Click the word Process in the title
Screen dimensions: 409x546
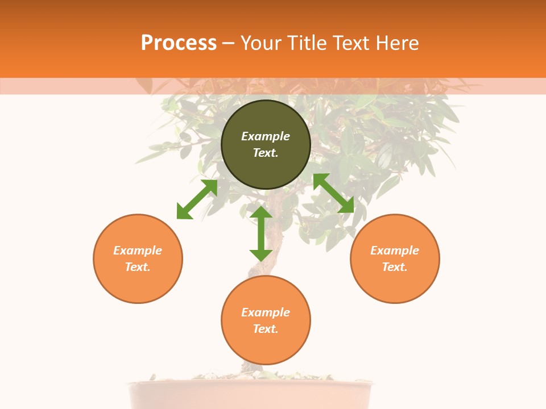(x=179, y=43)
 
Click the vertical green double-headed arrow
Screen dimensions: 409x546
(x=261, y=233)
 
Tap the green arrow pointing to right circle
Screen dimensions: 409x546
(x=333, y=193)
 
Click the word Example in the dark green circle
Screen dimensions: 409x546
(x=266, y=136)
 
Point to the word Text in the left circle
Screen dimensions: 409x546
(x=138, y=267)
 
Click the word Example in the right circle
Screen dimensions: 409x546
(x=395, y=251)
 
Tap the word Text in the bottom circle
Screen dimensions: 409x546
(x=266, y=329)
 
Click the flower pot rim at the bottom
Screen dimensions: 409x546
(x=250, y=386)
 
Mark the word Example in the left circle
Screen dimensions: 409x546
(x=138, y=251)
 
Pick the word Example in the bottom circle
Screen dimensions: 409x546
(x=266, y=312)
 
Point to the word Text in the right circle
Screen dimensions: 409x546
(x=395, y=267)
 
